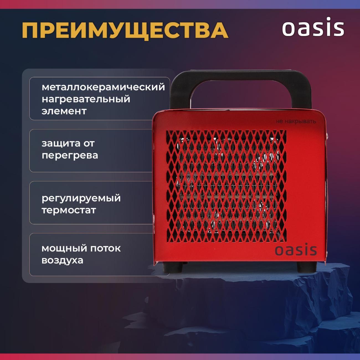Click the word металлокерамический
pos(103,87)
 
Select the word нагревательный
pos(86,99)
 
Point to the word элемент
pos(64,111)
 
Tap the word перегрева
pos(70,155)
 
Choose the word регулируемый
pos(81,198)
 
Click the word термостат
pos(69,210)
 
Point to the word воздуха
pos(62,260)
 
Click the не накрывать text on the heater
pos(296,121)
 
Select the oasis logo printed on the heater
pos(295,250)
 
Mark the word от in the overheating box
pos(89,143)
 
